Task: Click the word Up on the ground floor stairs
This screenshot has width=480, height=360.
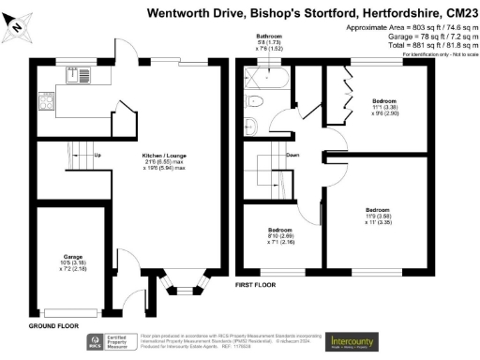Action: pos(98,155)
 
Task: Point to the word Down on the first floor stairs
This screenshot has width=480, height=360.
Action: pos(293,155)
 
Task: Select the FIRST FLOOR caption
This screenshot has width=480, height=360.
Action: pos(253,283)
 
